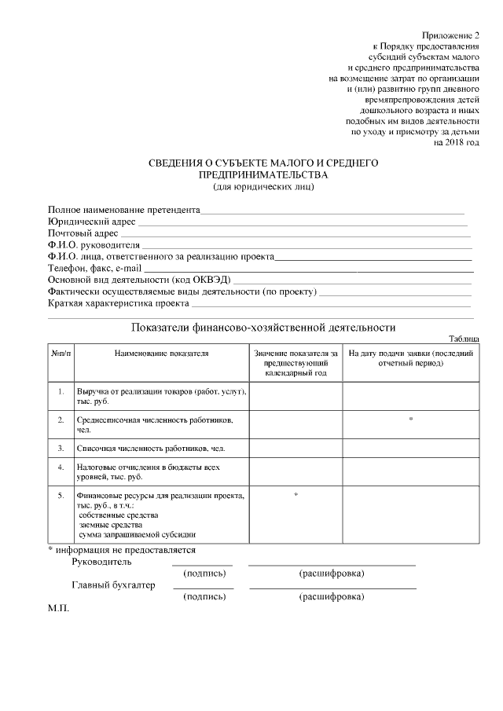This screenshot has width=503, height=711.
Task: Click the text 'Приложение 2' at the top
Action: (450, 36)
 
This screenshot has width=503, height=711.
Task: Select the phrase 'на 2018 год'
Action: (456, 143)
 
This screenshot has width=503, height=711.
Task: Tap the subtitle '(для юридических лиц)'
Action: (263, 186)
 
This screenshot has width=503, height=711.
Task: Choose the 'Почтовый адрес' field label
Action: (83, 233)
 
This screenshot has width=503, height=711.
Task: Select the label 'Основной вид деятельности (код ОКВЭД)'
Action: (139, 280)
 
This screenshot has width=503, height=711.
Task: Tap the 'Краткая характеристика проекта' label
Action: (118, 302)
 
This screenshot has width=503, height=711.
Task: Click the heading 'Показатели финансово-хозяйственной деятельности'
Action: (263, 327)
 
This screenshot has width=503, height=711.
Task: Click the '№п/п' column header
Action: (61, 354)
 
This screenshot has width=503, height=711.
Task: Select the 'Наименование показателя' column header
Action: (161, 354)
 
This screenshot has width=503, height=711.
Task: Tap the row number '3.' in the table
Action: (61, 448)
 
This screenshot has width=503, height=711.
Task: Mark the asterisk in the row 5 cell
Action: (296, 495)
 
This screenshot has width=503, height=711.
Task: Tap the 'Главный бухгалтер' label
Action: (113, 585)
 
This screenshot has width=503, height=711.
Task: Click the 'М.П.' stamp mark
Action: (59, 609)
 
